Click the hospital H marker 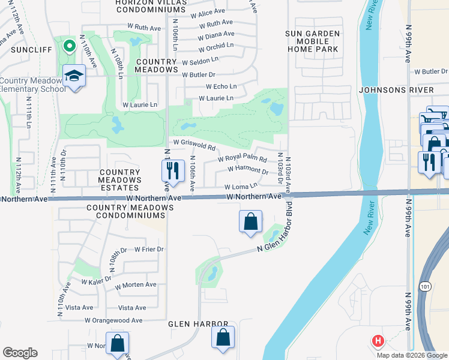click(x=378, y=341)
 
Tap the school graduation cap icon click(x=75, y=76)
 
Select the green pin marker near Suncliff click(x=68, y=44)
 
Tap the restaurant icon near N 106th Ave click(x=172, y=171)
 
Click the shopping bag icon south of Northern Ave click(x=250, y=221)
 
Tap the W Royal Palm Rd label click(x=243, y=159)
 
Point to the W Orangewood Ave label click(x=113, y=320)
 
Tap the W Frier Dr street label click(x=148, y=249)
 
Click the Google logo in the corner click(x=20, y=353)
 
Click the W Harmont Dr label click(x=248, y=170)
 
